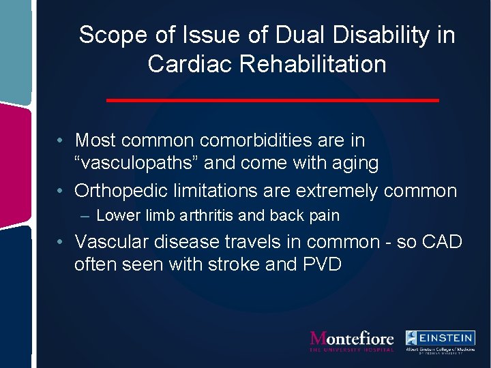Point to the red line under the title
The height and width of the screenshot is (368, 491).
(x=273, y=100)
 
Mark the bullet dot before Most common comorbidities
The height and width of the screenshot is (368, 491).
(x=61, y=141)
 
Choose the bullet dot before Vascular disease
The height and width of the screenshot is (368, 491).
(x=61, y=242)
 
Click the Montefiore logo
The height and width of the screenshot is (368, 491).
(x=352, y=340)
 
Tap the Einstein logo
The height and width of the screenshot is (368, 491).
(x=440, y=341)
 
